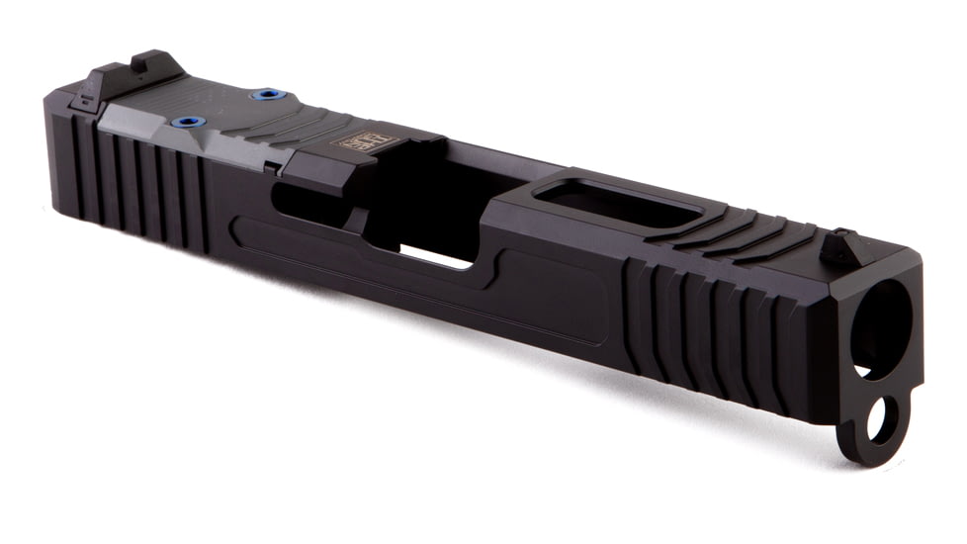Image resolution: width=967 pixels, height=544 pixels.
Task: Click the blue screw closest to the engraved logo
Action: point(267,94)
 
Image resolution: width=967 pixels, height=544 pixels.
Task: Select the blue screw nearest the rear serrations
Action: point(188,122)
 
